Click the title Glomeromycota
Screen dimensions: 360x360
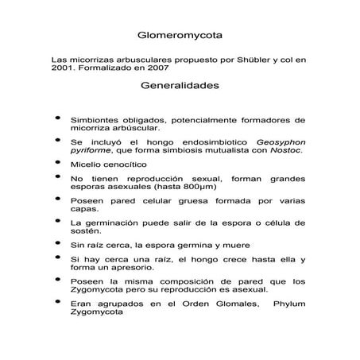click(180, 36)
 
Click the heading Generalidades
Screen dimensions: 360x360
click(180, 83)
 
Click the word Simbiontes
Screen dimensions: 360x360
click(94, 118)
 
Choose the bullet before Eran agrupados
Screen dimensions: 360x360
click(56, 302)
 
